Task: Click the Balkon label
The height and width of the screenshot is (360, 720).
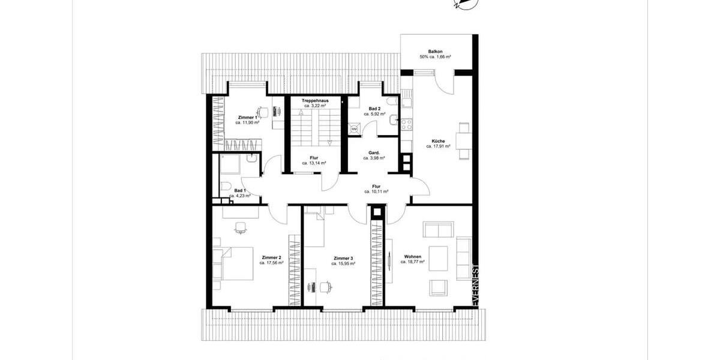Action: [436, 52]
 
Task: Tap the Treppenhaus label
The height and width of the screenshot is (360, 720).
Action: [313, 101]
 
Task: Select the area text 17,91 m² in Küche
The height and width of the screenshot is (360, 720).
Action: [438, 146]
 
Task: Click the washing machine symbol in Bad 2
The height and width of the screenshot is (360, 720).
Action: [354, 128]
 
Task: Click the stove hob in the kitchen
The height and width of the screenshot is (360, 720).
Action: [407, 124]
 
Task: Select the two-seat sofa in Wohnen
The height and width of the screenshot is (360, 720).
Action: [439, 229]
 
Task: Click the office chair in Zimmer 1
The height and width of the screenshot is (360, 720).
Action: [262, 112]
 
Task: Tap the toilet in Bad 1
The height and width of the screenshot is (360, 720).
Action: [226, 186]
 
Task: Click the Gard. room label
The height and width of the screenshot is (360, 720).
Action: [373, 152]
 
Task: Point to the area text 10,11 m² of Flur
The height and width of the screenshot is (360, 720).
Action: [376, 191]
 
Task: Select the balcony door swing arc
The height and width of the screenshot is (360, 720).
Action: [445, 84]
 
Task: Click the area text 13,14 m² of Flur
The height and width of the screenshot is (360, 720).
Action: [314, 163]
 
